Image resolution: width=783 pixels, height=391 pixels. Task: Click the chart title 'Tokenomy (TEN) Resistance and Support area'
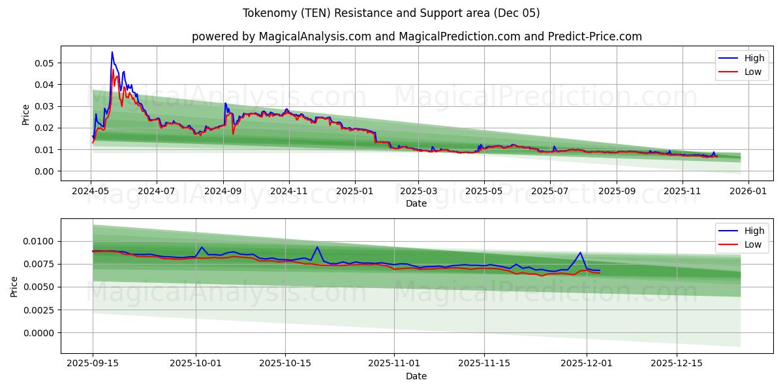coord(391,13)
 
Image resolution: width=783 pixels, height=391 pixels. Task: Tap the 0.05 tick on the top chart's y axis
coord(44,63)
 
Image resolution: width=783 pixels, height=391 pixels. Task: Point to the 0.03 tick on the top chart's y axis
coord(44,106)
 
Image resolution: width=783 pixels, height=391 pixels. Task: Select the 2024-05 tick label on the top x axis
coord(91,192)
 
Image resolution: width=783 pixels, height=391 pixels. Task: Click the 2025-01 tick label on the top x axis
coord(354,192)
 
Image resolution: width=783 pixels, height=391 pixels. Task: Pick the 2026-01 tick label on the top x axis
coord(748,192)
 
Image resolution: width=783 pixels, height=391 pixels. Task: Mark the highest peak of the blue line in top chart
coord(112,52)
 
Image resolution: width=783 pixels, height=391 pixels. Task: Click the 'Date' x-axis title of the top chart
coord(416,203)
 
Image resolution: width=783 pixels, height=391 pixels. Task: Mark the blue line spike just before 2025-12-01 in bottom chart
coord(580,252)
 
